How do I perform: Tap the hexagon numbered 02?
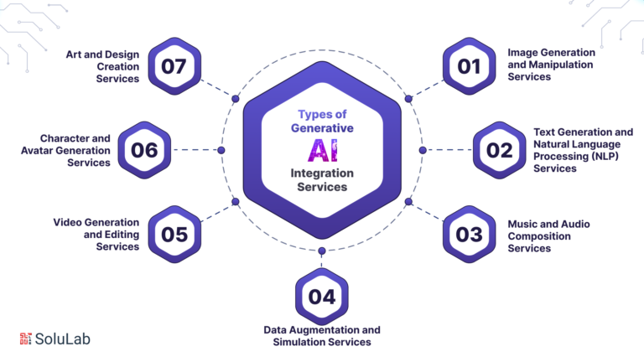(x=499, y=150)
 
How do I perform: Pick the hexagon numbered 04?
(x=321, y=296)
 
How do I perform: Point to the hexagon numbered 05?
(x=174, y=235)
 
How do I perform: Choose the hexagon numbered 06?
(x=144, y=150)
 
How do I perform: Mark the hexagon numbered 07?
(x=174, y=65)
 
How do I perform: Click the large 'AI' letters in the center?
(x=322, y=150)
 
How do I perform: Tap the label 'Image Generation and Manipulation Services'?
(x=551, y=65)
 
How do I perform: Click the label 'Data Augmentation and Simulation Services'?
(x=322, y=335)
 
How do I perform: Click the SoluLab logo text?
(x=63, y=339)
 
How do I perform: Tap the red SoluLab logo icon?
(x=25, y=339)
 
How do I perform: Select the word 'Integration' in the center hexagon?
(x=322, y=173)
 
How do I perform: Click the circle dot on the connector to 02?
(x=423, y=150)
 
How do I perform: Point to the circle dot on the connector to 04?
(x=322, y=251)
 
